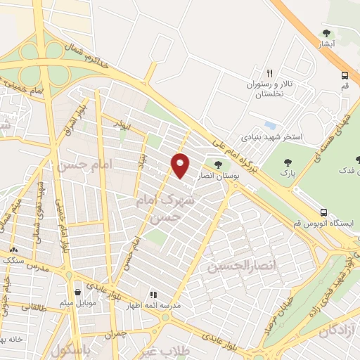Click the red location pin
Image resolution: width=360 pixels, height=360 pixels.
tap(180, 165)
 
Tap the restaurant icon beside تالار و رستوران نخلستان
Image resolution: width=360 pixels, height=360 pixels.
tap(269, 73)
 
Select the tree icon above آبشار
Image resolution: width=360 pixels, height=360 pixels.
tap(326, 33)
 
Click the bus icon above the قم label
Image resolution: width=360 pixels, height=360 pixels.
tap(345, 75)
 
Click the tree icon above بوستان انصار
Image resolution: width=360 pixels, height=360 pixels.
tap(217, 165)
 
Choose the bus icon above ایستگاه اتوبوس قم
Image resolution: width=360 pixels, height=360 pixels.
tap(323, 212)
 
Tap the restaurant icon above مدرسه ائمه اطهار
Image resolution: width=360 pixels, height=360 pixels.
tap(153, 295)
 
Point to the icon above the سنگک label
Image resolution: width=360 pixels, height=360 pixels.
tap(13, 249)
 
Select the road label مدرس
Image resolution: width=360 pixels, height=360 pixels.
tap(34, 269)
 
